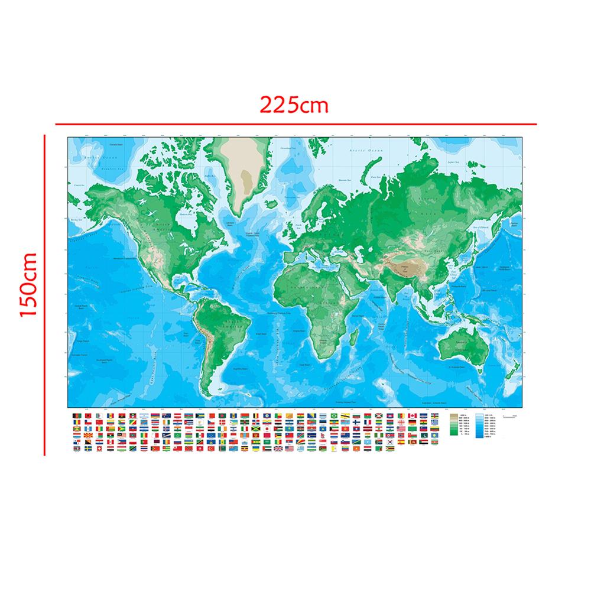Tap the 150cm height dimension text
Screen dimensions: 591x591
tap(28, 284)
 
